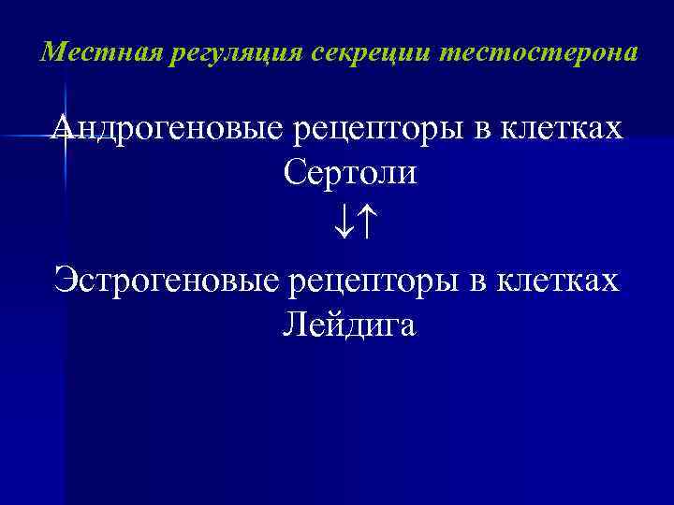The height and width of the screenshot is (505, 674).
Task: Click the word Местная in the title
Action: click(90, 51)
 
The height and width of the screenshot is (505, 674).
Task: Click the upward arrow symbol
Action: click(364, 224)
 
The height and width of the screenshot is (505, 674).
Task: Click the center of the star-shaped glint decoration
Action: click(65, 137)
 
